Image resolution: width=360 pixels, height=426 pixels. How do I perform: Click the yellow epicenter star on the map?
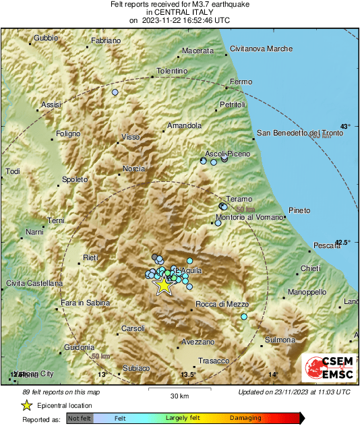(x=163, y=285)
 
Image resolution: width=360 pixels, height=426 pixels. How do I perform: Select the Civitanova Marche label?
(x=261, y=49)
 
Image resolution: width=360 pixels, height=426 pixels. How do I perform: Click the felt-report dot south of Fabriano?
(x=115, y=92)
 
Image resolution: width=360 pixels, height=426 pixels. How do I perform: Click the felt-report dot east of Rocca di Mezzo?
(x=244, y=316)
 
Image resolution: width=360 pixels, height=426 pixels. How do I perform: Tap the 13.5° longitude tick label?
(x=188, y=375)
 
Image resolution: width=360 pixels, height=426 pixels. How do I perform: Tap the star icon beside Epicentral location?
(x=26, y=405)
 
